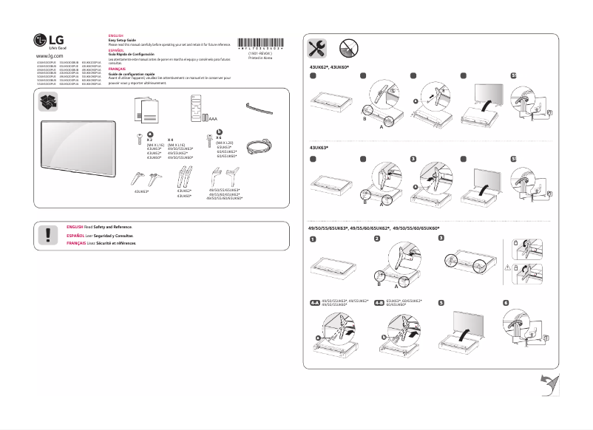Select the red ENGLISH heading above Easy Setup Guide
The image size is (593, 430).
point(116,35)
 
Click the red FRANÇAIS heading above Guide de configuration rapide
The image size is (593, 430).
point(117,68)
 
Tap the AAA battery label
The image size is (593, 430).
point(213,117)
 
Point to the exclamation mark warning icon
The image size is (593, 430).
point(49,234)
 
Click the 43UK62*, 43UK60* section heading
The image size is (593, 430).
point(330,66)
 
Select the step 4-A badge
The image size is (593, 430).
point(315,303)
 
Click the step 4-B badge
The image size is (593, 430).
point(379,303)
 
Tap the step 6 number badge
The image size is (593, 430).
point(506,303)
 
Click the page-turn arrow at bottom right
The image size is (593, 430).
point(549,385)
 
